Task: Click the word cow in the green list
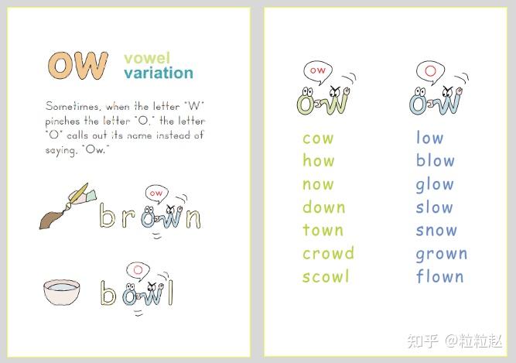pyautogui.click(x=318, y=139)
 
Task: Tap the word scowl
pyautogui.click(x=326, y=276)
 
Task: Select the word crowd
pyautogui.click(x=328, y=253)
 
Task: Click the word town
pyautogui.click(x=323, y=230)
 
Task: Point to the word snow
pyautogui.click(x=436, y=230)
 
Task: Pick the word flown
pyautogui.click(x=440, y=276)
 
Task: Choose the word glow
pyautogui.click(x=435, y=185)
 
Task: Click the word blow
pyautogui.click(x=436, y=160)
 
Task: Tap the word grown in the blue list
pyautogui.click(x=442, y=255)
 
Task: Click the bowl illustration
pyautogui.click(x=62, y=293)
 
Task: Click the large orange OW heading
pyautogui.click(x=78, y=65)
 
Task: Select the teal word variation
pyautogui.click(x=159, y=73)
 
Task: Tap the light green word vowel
pyautogui.click(x=147, y=58)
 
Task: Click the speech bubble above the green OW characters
pyautogui.click(x=318, y=73)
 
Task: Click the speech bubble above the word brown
pyautogui.click(x=156, y=194)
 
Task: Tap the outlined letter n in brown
pyautogui.click(x=193, y=218)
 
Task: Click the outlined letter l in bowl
pyautogui.click(x=170, y=293)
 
